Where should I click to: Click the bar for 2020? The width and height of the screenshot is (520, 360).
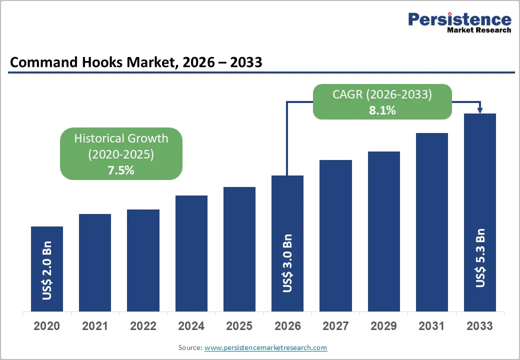(47, 269)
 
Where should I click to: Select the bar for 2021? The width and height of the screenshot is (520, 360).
(95, 262)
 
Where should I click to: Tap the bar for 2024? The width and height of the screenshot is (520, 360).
(191, 253)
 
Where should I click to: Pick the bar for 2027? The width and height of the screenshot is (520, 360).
(335, 235)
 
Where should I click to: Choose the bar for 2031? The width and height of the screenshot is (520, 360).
(431, 222)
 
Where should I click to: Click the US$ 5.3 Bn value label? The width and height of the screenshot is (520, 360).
(480, 258)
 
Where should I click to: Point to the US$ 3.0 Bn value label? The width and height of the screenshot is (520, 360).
(287, 263)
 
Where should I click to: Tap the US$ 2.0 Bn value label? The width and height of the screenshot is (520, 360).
(47, 272)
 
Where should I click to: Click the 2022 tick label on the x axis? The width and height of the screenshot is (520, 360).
(143, 326)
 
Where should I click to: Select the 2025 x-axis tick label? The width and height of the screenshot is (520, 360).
(239, 326)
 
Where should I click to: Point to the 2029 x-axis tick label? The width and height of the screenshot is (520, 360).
(383, 326)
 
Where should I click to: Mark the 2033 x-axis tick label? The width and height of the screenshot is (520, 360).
(479, 326)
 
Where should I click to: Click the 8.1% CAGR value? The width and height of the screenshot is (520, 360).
(382, 110)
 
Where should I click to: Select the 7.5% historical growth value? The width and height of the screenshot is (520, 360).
(121, 170)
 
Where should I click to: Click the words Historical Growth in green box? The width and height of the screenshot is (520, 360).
(121, 138)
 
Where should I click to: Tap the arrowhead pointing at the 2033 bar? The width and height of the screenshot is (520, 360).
(480, 109)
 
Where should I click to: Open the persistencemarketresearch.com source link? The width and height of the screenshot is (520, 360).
(265, 347)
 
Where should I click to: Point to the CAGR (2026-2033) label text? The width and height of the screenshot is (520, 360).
(382, 94)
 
